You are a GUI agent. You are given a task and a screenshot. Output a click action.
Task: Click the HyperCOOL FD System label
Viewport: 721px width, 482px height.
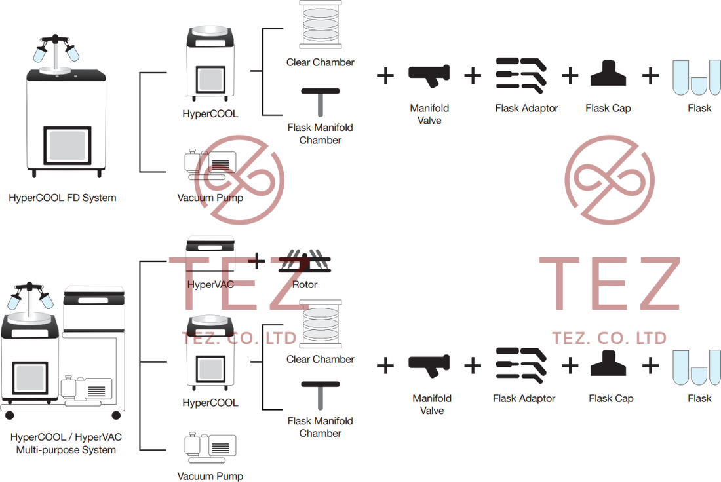point(63,196)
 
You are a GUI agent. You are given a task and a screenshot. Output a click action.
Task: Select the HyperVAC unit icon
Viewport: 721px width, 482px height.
point(211,255)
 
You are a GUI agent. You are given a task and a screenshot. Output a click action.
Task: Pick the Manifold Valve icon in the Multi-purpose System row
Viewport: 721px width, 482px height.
point(429,365)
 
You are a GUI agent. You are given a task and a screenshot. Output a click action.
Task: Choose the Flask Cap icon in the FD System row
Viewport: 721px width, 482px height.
point(609,76)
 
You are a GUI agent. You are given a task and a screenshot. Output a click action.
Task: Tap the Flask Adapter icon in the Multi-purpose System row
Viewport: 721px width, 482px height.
point(520,365)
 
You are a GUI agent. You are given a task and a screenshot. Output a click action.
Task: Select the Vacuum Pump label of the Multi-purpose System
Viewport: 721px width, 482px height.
point(210,476)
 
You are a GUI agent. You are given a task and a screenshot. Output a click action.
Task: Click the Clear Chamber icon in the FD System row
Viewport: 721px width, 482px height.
point(321,25)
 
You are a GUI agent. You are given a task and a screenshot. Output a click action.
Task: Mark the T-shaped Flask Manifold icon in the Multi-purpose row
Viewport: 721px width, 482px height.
point(321,395)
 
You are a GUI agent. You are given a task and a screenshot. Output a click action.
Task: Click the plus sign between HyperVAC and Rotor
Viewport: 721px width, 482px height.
point(260,261)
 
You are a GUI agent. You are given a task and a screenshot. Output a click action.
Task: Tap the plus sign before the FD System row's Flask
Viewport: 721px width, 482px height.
point(650,76)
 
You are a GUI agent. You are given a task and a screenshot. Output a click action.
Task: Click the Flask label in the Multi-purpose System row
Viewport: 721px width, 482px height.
point(699,398)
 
